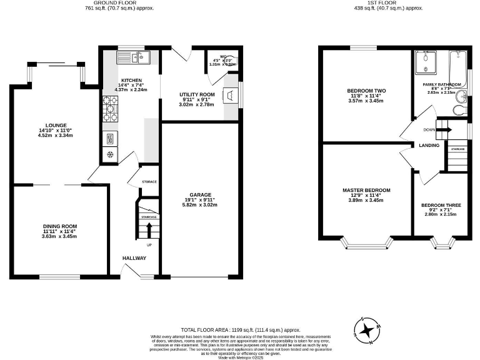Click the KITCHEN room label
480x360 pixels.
click(131, 81)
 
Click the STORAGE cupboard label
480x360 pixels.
click(149, 182)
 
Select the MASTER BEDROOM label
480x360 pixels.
click(366, 190)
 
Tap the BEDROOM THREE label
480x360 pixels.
click(441, 205)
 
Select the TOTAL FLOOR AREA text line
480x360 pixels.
click(240, 329)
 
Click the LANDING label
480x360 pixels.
click(429, 146)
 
